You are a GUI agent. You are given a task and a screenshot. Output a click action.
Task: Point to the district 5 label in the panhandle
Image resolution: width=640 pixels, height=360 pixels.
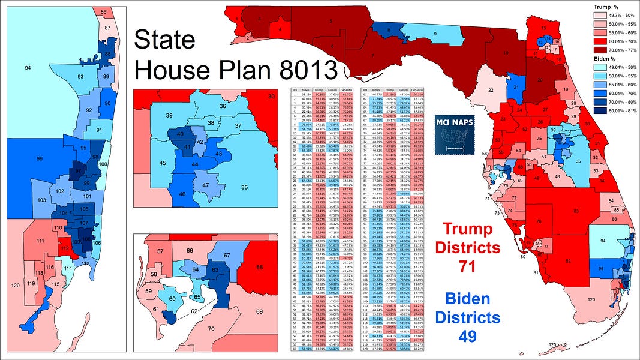pos(332,22)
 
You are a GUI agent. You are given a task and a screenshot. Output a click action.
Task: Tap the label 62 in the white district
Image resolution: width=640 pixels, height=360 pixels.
pos(193,312)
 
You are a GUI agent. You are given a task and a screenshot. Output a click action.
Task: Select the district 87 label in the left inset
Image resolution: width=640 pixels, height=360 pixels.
pos(107,28)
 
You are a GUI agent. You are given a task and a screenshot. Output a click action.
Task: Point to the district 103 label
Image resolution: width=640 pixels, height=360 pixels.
pos(41,199)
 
